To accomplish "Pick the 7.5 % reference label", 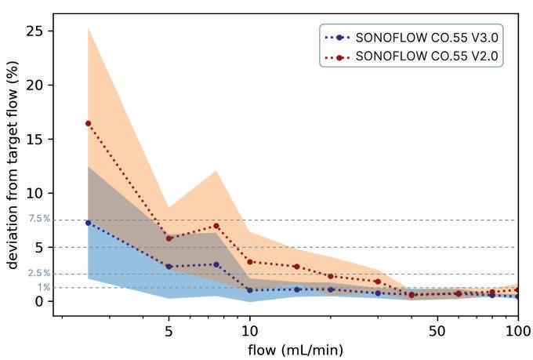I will point(40,219).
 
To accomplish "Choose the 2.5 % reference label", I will point(40,273).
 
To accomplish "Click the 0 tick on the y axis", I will point(38,301).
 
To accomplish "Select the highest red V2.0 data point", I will point(88,123).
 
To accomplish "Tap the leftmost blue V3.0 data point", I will point(88,223).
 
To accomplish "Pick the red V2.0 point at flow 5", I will point(169,238).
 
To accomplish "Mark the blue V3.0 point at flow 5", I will point(169,266).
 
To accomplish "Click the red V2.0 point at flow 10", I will point(249,262).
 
